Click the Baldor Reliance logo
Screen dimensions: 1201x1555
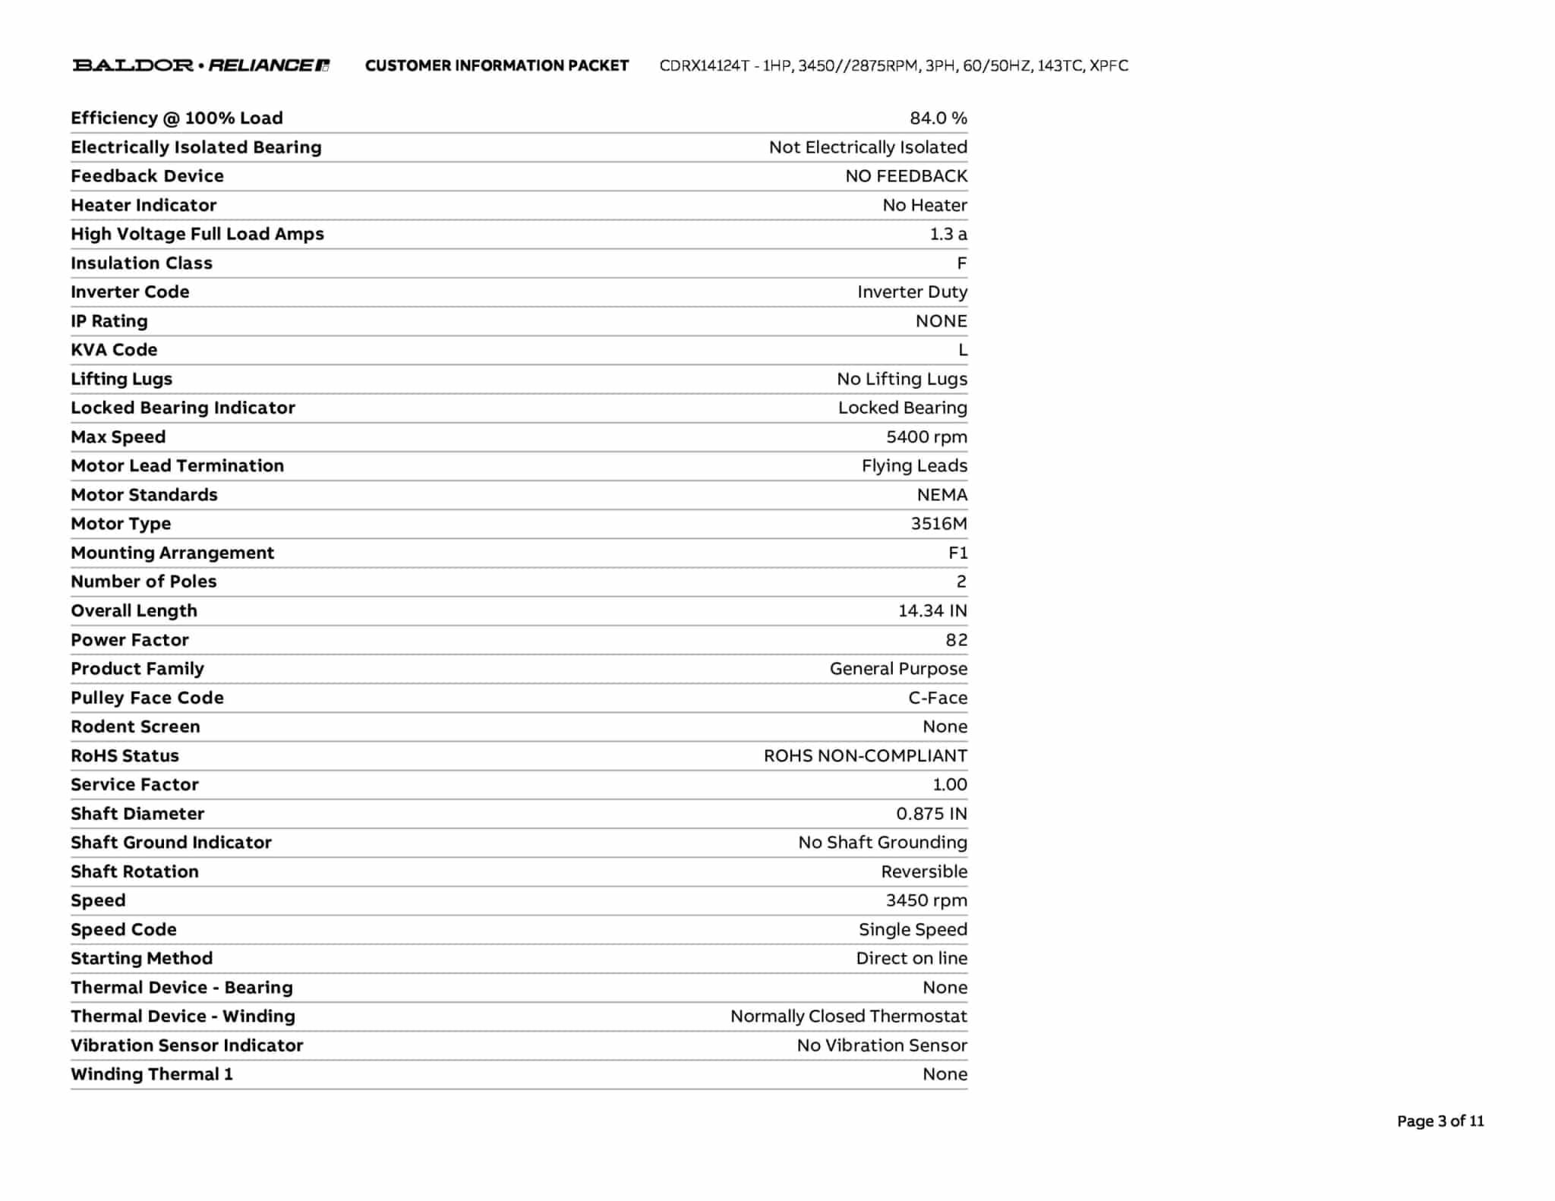[x=201, y=65]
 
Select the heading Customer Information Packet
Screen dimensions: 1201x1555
[x=497, y=66]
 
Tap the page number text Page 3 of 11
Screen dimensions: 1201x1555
[x=1440, y=1121]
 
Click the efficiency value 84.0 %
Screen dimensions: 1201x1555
[x=938, y=118]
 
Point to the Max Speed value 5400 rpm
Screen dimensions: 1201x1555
[x=926, y=437]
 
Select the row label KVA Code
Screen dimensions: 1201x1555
[x=114, y=350]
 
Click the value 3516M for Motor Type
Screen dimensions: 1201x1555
[x=938, y=524]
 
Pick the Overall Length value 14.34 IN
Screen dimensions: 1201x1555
[x=932, y=611]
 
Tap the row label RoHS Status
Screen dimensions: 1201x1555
[x=125, y=756]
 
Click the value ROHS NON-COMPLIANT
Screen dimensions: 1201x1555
[x=865, y=756]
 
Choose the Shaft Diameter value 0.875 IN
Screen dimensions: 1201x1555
[x=931, y=814]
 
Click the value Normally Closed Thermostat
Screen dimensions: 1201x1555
[x=848, y=1017]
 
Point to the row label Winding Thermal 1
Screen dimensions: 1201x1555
[x=152, y=1074]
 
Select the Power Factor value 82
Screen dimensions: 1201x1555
[x=956, y=640]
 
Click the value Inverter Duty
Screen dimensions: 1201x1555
[x=912, y=292]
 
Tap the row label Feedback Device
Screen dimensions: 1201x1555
[x=147, y=176]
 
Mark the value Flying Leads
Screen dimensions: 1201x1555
[x=914, y=466]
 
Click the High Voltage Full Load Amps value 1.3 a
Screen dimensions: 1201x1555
[x=948, y=234]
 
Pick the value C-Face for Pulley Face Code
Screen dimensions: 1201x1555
[x=938, y=698]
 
